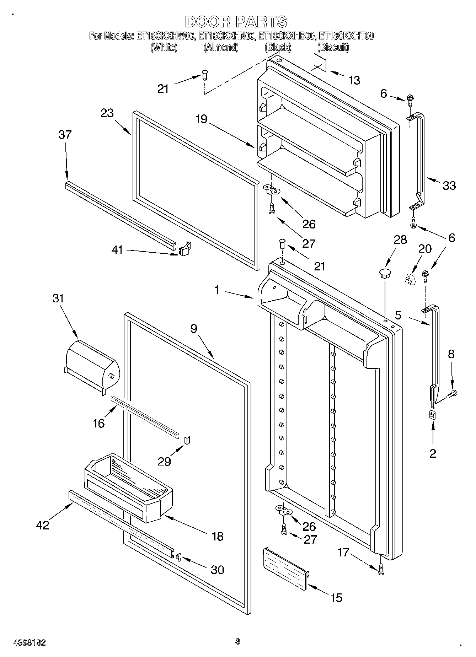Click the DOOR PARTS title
coord(236,22)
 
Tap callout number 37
coord(65,135)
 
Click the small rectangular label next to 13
coord(320,63)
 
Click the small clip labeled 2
coord(432,415)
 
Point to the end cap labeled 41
coord(185,249)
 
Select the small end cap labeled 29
coord(187,441)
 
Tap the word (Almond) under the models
coord(221,47)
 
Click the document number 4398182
coord(30,642)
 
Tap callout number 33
coord(449,185)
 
